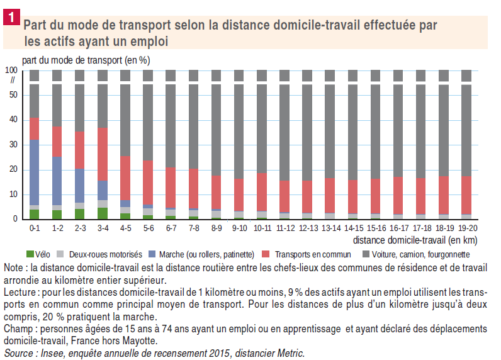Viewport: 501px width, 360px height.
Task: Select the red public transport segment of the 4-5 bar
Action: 125,177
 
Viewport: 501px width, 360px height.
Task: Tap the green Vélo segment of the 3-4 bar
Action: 103,213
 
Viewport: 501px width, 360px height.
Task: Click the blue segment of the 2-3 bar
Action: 80,186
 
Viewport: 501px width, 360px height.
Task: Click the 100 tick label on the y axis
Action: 12,70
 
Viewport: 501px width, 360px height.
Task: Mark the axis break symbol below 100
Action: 12,80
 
